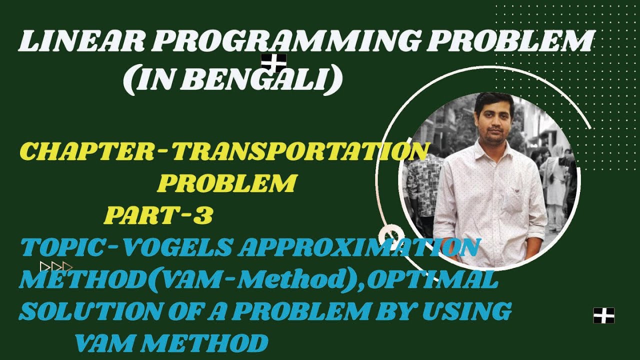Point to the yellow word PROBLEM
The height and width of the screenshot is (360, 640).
click(x=227, y=184)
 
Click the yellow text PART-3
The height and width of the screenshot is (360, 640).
click(x=159, y=216)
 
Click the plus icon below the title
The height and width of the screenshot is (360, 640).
click(x=273, y=63)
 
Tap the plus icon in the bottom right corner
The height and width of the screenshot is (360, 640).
click(x=603, y=315)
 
